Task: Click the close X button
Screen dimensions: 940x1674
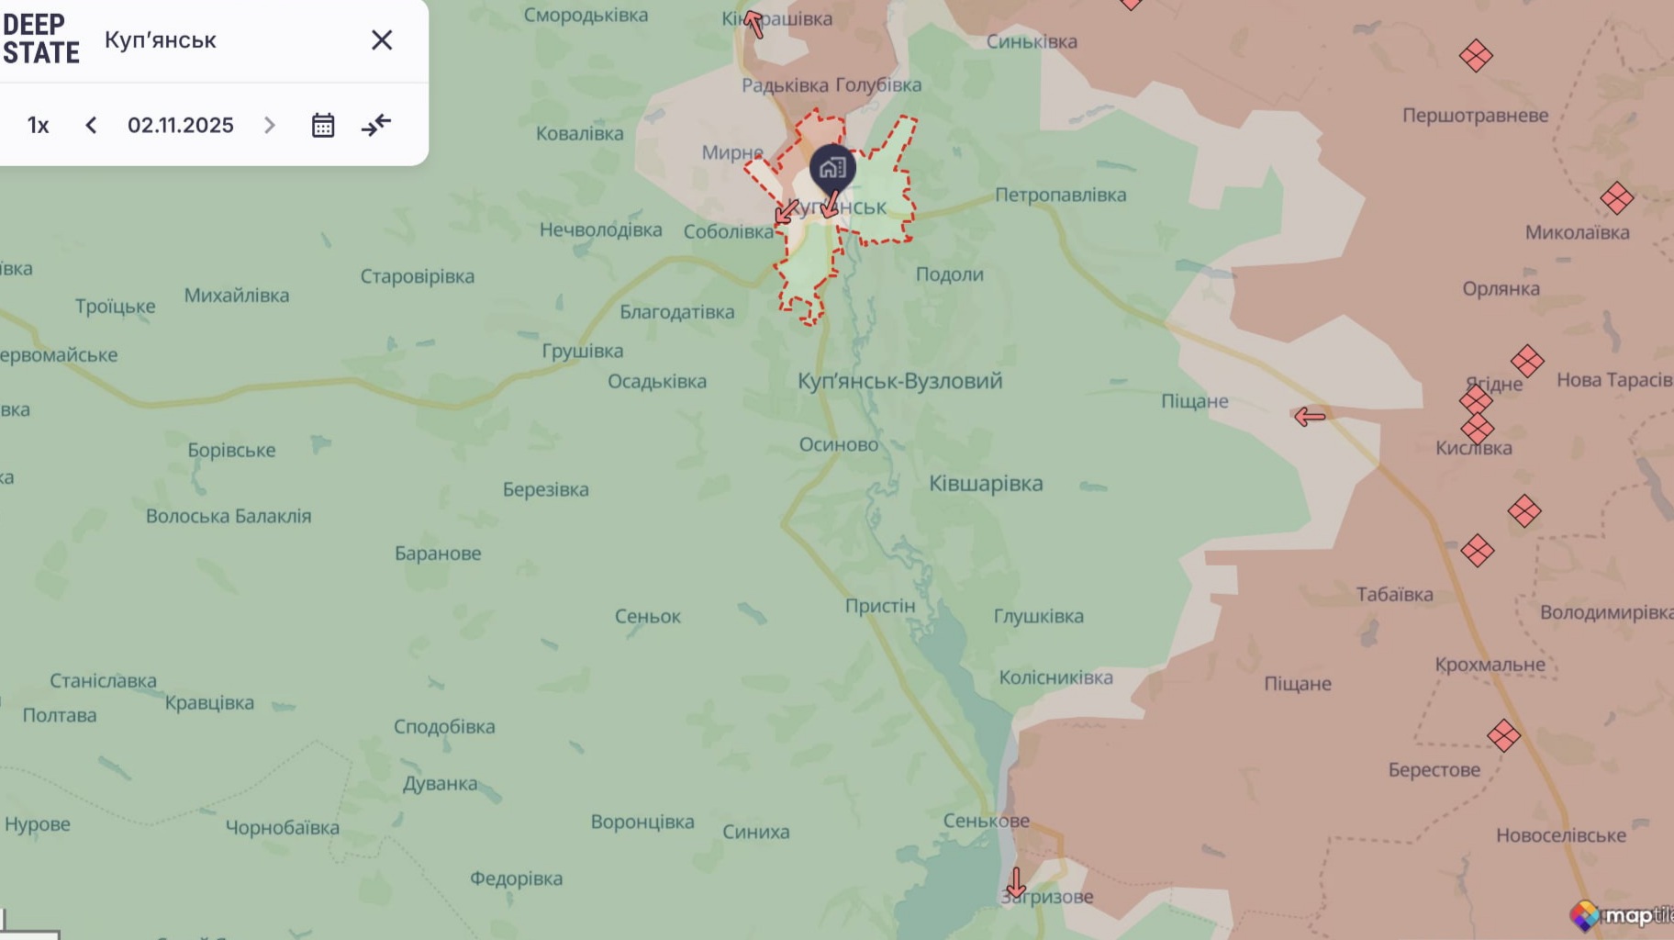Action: (382, 40)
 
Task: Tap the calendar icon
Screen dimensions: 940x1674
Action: (323, 125)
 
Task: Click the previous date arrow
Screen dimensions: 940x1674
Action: (91, 125)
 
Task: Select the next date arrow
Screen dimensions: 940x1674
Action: (269, 125)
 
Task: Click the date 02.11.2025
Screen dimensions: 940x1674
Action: (181, 125)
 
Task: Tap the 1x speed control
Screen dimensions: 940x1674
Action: (39, 125)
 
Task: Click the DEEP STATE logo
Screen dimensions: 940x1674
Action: (40, 39)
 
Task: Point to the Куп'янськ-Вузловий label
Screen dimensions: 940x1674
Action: (899, 381)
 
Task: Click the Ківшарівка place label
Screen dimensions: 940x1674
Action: (986, 484)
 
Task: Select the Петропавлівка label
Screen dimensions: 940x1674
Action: (1060, 195)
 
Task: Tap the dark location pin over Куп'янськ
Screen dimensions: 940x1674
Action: (832, 169)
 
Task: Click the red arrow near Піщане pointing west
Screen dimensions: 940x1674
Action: (1310, 417)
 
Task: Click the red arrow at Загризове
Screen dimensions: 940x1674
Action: (1016, 883)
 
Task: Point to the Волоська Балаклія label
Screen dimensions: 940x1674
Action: (229, 516)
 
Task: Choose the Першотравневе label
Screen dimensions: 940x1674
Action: (1475, 116)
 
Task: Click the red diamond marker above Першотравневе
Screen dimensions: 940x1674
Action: (1476, 56)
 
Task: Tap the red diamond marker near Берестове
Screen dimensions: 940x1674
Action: (1503, 735)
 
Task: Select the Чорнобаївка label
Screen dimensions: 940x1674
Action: (283, 827)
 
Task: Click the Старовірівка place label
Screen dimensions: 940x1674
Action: (418, 276)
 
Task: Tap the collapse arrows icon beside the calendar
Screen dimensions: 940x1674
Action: (376, 125)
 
